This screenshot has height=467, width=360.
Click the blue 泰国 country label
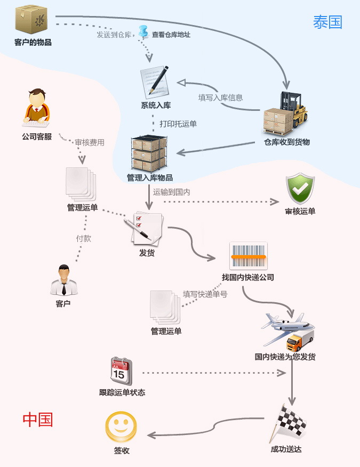click(327, 22)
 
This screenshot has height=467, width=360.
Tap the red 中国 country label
click(38, 420)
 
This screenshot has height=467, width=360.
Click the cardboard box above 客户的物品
click(33, 20)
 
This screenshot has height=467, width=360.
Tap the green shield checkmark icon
click(300, 188)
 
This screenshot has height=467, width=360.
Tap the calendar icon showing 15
click(121, 371)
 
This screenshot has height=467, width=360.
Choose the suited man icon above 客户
click(63, 280)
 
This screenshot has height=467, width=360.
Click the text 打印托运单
click(178, 124)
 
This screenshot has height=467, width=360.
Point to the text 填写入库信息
click(221, 98)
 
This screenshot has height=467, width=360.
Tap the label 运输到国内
click(172, 191)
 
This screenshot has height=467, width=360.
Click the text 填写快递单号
click(205, 294)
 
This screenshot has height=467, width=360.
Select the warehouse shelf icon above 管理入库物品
click(149, 154)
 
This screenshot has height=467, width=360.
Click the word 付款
click(83, 238)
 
